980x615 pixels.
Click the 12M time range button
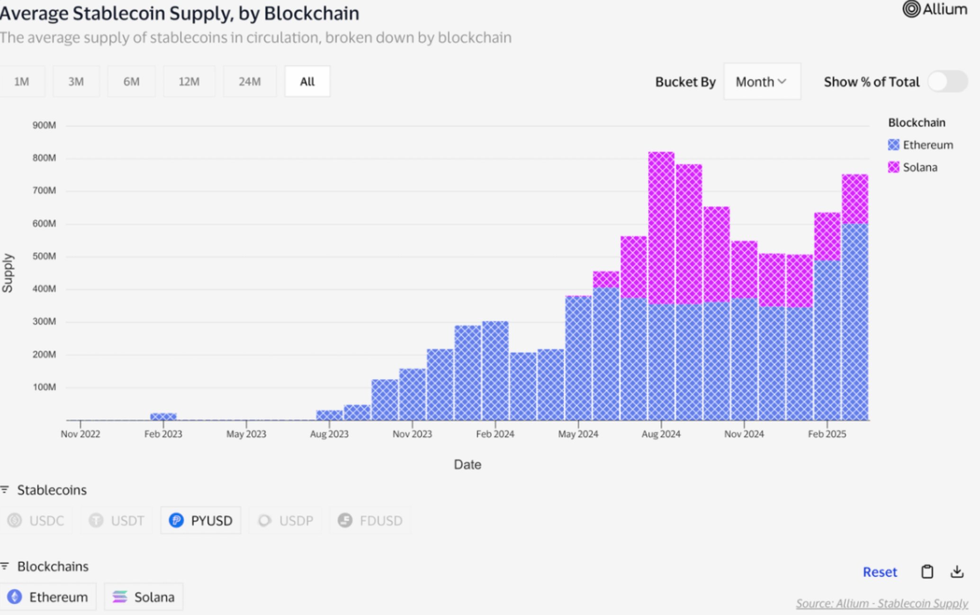[x=189, y=81]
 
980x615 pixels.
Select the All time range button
[x=307, y=81]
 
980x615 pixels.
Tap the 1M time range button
[x=22, y=81]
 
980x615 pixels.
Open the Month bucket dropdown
[x=762, y=82]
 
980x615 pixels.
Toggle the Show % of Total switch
[x=947, y=82]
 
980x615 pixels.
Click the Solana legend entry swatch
[x=893, y=167]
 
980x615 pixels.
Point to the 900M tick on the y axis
[x=44, y=125]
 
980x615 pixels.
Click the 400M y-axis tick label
[x=44, y=289]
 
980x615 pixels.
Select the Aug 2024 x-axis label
[x=661, y=434]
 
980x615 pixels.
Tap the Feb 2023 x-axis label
[x=163, y=434]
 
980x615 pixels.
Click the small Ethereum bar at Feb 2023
[x=163, y=417]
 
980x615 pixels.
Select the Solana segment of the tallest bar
[x=661, y=227]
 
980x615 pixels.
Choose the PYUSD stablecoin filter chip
[x=201, y=520]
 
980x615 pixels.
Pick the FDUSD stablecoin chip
[x=370, y=520]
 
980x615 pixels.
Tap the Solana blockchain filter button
[x=144, y=597]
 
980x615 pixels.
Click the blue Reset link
[x=880, y=572]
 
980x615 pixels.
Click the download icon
[x=957, y=572]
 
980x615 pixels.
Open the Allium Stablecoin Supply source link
[x=881, y=604]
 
